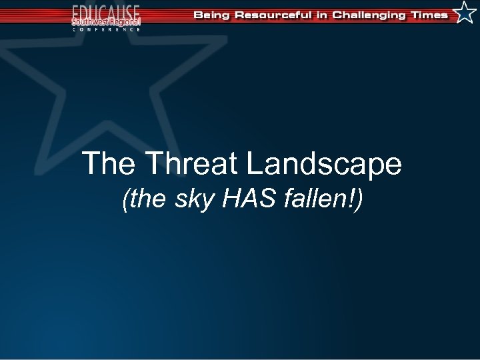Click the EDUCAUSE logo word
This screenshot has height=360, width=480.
click(x=107, y=11)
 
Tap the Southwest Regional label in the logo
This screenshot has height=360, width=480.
click(x=107, y=21)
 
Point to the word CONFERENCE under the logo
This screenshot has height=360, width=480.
click(x=107, y=29)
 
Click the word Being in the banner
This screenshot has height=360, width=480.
click(x=211, y=15)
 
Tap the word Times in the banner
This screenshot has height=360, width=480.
click(x=431, y=15)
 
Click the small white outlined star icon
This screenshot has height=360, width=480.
click(x=464, y=13)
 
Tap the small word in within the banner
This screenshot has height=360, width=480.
click(x=323, y=15)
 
